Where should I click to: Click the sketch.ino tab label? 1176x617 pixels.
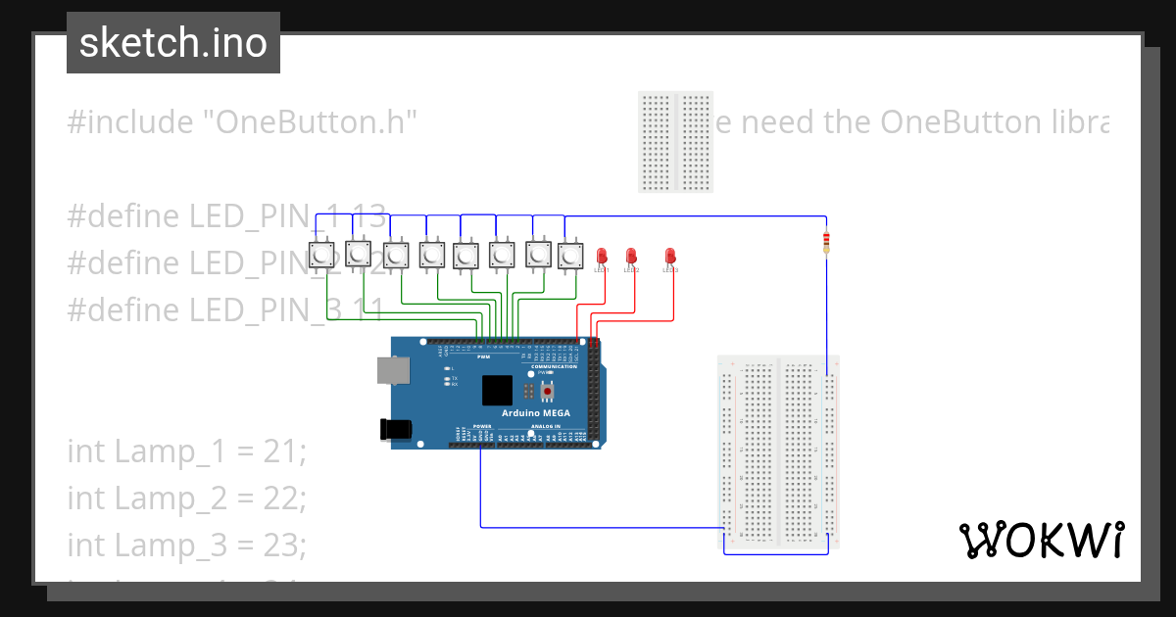coord(172,43)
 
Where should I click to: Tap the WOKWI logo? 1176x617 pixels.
coord(1041,540)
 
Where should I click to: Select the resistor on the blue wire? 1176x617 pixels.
coord(826,241)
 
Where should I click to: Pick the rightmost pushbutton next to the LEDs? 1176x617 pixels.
coord(570,257)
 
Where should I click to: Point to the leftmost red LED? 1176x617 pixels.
coord(602,257)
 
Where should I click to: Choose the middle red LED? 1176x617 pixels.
coord(631,257)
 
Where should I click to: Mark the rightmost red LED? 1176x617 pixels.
coord(670,257)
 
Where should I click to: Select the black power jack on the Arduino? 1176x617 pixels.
coord(395,428)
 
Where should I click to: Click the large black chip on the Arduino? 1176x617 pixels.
coord(497,390)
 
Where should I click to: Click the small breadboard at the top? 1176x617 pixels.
coord(676,142)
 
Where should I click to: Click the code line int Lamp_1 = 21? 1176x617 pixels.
coord(187,451)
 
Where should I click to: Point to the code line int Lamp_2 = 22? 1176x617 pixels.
coord(187,498)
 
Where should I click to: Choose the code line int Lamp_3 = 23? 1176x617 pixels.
coord(187,545)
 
